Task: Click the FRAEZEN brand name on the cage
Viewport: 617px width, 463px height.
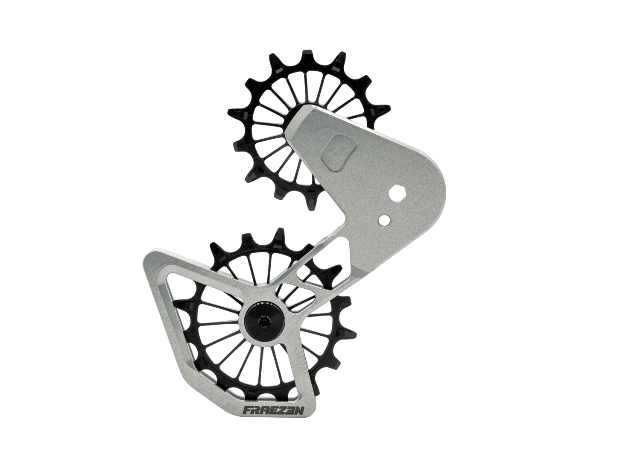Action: coord(268,411)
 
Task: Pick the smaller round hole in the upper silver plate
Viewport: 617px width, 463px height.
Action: coord(386,219)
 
